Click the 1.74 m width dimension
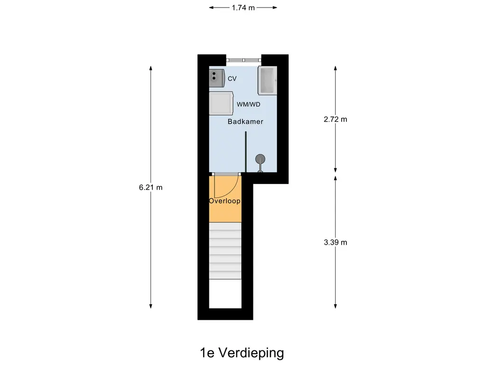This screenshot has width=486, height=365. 243,8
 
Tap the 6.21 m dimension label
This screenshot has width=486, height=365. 150,187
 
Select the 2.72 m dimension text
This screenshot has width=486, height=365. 336,119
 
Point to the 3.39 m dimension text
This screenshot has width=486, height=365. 336,242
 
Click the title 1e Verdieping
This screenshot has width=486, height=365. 242,353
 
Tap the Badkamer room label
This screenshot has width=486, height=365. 245,122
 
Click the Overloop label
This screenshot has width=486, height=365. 224,201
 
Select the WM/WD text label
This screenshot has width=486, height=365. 249,104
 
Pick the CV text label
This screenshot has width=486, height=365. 232,79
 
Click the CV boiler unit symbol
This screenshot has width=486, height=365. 216,78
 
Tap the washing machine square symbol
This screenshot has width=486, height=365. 221,103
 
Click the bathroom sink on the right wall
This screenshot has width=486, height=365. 267,81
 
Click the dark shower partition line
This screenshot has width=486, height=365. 246,152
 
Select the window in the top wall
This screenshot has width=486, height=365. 243,60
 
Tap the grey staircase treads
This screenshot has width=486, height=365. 225,251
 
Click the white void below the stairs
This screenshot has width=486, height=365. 225,294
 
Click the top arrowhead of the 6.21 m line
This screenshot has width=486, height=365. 150,68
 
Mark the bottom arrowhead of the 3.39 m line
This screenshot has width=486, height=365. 336,306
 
